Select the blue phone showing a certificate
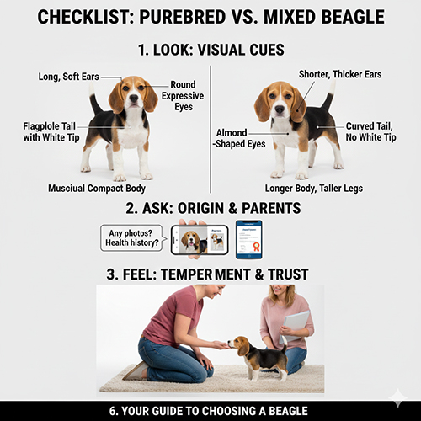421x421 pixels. pos(249,238)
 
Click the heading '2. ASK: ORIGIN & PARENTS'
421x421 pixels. pos(210,207)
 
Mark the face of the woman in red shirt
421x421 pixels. pos(214,296)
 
